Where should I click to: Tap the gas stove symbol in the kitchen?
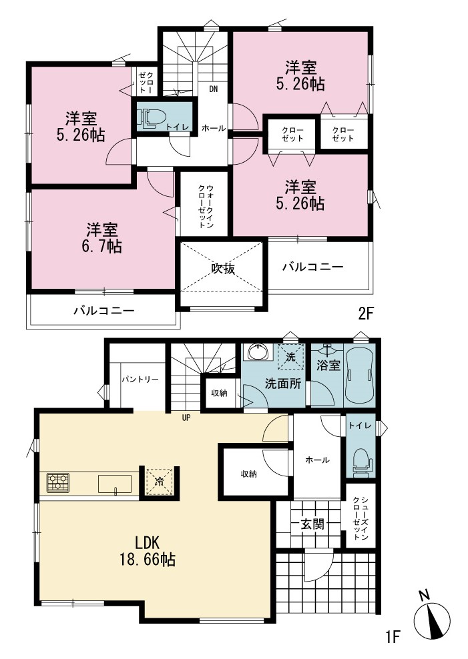click(58, 483)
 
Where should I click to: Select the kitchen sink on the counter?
click(115, 484)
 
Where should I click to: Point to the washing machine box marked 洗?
click(290, 356)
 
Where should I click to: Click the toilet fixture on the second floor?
click(150, 117)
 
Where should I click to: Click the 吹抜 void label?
click(222, 269)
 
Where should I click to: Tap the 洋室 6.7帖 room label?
click(102, 237)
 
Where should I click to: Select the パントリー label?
click(140, 380)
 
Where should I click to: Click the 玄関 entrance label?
click(312, 524)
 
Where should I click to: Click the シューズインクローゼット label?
click(361, 518)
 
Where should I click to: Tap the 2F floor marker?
click(366, 313)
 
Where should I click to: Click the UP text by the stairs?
click(186, 418)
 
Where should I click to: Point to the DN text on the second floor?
click(214, 89)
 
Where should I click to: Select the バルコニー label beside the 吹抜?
click(313, 267)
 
